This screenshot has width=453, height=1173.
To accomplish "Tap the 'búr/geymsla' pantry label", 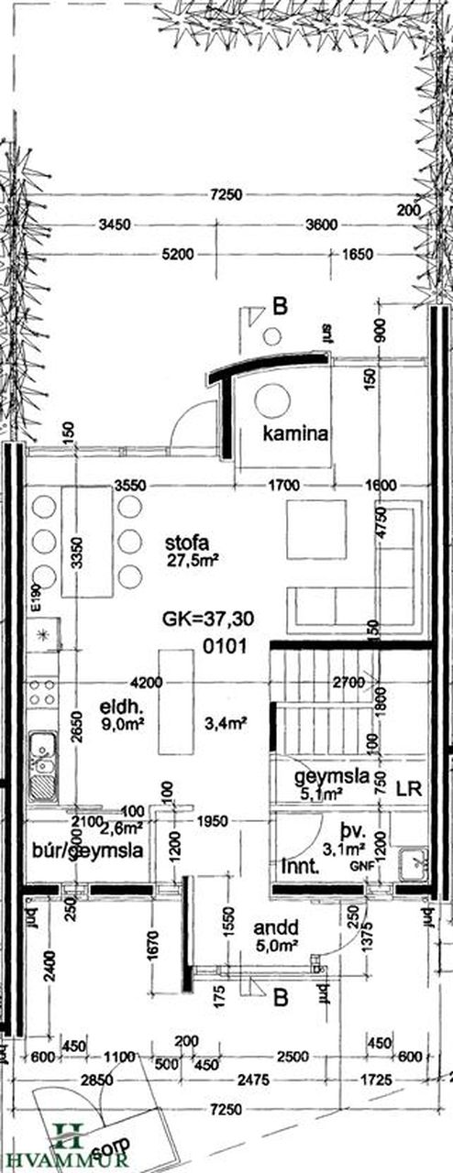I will (x=86, y=850).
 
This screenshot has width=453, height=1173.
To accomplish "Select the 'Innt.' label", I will (x=300, y=862).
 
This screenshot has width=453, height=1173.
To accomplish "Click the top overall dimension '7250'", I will (x=225, y=194).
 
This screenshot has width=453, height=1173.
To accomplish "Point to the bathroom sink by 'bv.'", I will (x=414, y=861).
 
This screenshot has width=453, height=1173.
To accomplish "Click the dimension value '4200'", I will (x=147, y=683).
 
